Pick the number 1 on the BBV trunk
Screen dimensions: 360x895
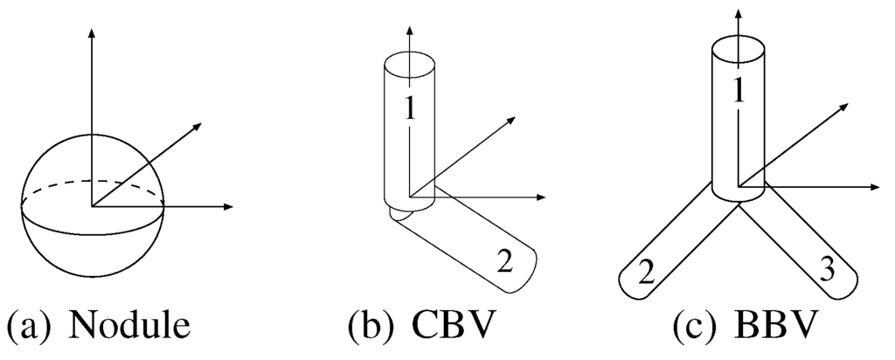tap(739, 91)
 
